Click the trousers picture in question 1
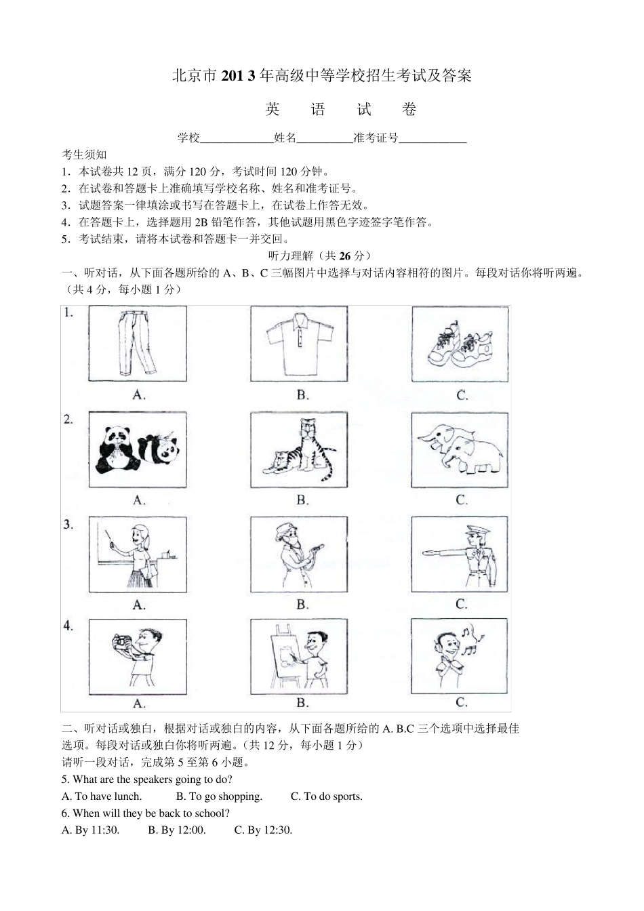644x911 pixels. pyautogui.click(x=138, y=343)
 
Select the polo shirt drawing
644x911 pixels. pyautogui.click(x=299, y=343)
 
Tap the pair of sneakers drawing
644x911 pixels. pyautogui.click(x=460, y=343)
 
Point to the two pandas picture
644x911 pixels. pyautogui.click(x=138, y=449)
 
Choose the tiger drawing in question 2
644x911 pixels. pyautogui.click(x=299, y=449)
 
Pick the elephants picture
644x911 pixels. pyautogui.click(x=460, y=449)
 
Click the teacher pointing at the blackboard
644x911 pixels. pyautogui.click(x=138, y=554)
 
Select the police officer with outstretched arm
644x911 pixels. pyautogui.click(x=460, y=554)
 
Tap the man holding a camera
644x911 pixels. pyautogui.click(x=138, y=656)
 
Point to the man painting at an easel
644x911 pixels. pyautogui.click(x=299, y=656)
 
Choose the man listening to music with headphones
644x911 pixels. pyautogui.click(x=460, y=656)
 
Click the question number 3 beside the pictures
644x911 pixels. pyautogui.click(x=68, y=524)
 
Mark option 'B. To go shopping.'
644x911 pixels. pyautogui.click(x=219, y=796)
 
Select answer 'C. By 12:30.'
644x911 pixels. pyautogui.click(x=263, y=830)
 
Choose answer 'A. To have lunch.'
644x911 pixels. pyautogui.click(x=102, y=796)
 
